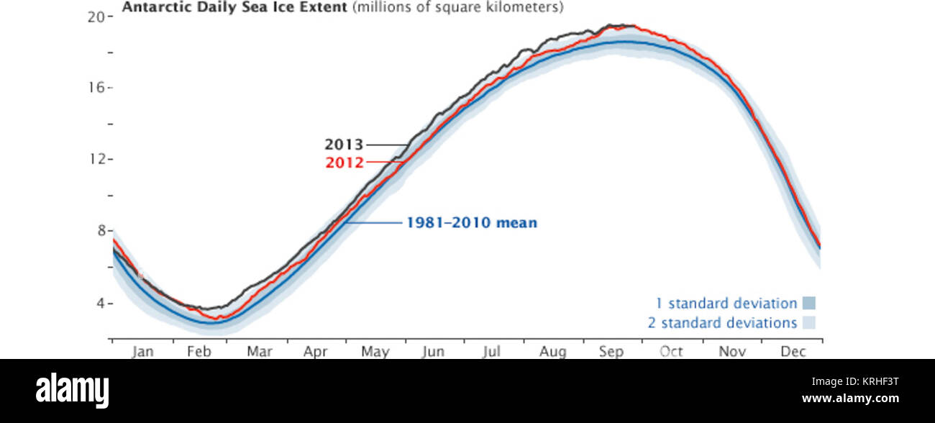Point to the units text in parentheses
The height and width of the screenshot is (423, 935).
click(x=457, y=7)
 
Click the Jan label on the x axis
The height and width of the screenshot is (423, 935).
click(x=142, y=351)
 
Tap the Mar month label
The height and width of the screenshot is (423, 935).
click(x=259, y=351)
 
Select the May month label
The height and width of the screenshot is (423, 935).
click(x=375, y=351)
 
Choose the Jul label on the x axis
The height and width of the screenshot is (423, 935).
click(x=491, y=351)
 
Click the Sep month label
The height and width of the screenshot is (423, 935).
click(x=611, y=351)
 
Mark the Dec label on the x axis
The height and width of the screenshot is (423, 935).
click(x=793, y=351)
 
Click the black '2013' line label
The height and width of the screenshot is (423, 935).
click(x=345, y=145)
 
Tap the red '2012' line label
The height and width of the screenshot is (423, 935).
click(x=345, y=163)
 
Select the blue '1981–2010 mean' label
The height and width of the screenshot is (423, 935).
click(x=472, y=223)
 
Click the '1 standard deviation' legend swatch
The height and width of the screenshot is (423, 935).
click(x=809, y=304)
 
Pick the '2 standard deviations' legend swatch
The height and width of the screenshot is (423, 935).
click(x=809, y=323)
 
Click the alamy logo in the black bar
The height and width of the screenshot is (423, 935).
click(x=73, y=390)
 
